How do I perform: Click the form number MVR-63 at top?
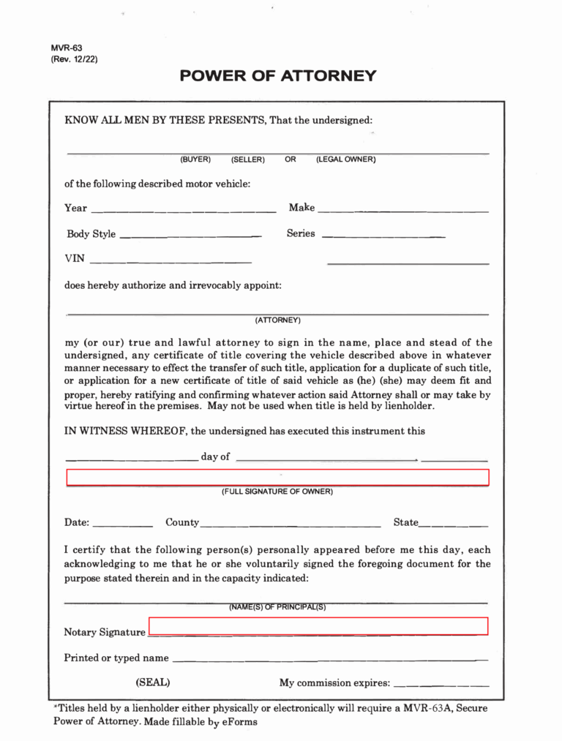pyautogui.click(x=67, y=48)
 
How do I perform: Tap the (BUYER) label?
pyautogui.click(x=195, y=159)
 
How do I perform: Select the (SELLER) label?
pyautogui.click(x=248, y=159)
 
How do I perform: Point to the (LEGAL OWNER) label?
pyautogui.click(x=345, y=159)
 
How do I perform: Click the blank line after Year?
pyautogui.click(x=183, y=211)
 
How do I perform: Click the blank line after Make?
pyautogui.click(x=403, y=211)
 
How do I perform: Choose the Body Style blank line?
pyautogui.click(x=190, y=236)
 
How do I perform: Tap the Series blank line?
pyautogui.click(x=383, y=236)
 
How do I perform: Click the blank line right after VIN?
pyautogui.click(x=170, y=261)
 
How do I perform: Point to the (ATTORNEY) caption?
pyautogui.click(x=277, y=320)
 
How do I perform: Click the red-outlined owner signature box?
pyautogui.click(x=277, y=478)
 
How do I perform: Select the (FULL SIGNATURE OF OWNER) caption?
pyautogui.click(x=277, y=492)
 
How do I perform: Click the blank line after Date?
pyautogui.click(x=123, y=524)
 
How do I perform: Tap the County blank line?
pyautogui.click(x=291, y=524)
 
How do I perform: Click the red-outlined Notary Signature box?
pyautogui.click(x=318, y=625)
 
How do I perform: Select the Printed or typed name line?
pyautogui.click(x=329, y=659)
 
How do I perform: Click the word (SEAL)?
pyautogui.click(x=153, y=682)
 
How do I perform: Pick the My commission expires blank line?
pyautogui.click(x=441, y=685)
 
